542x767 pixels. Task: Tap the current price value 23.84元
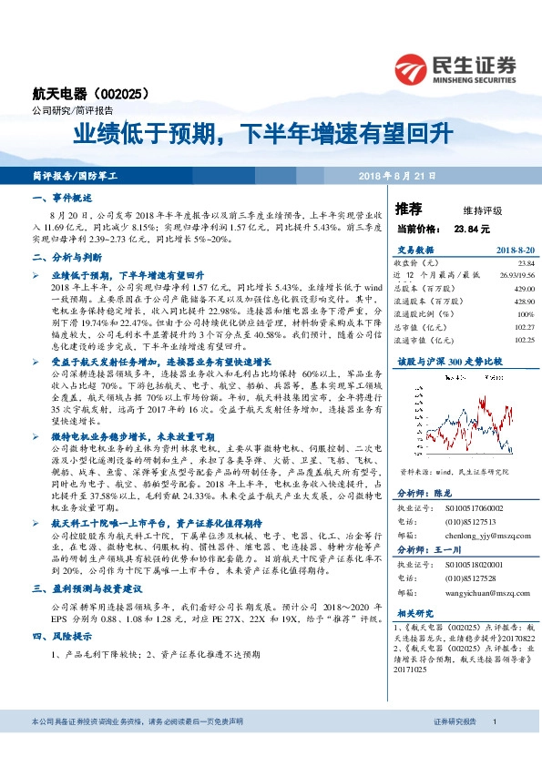pos(472,229)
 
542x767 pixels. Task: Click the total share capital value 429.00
pos(516,287)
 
